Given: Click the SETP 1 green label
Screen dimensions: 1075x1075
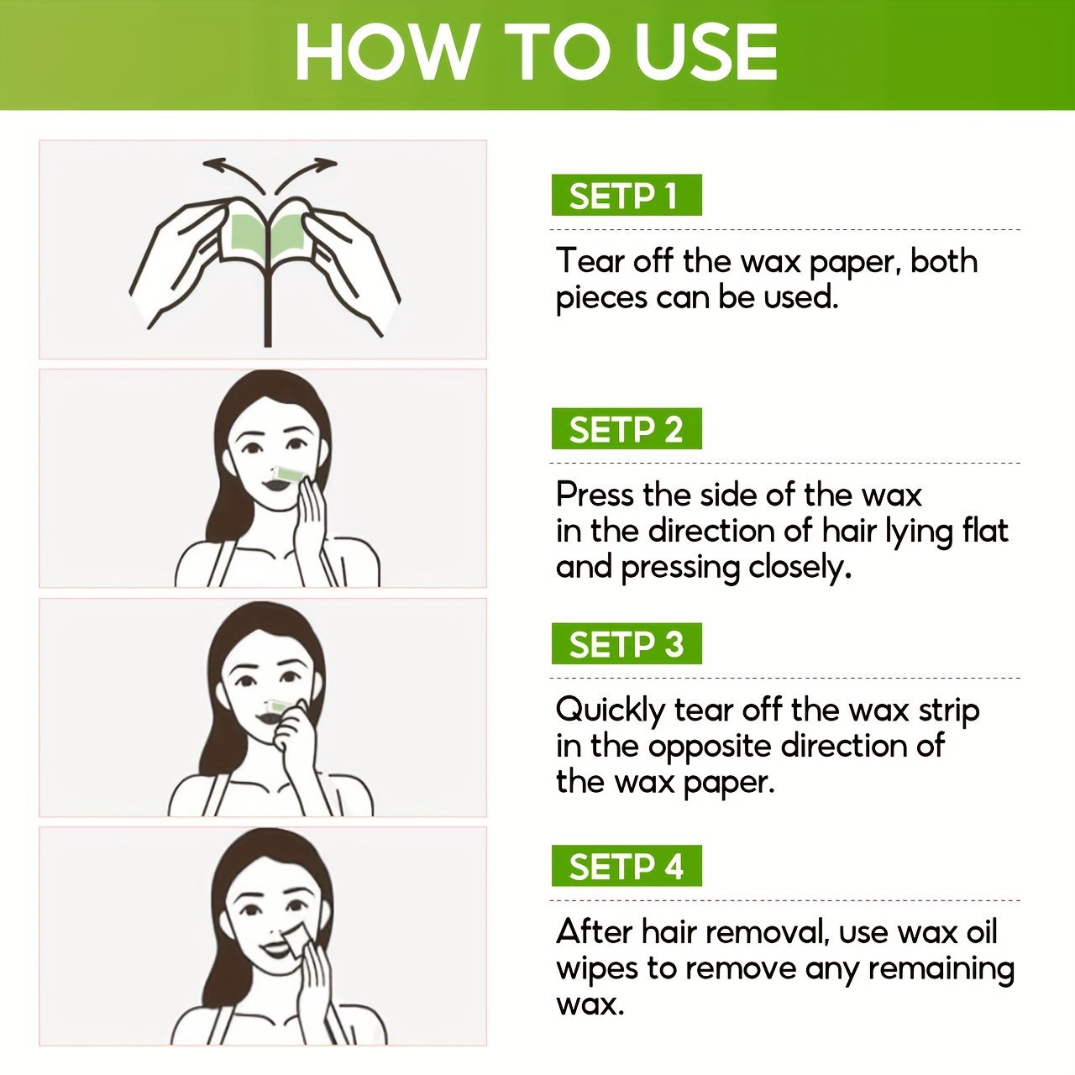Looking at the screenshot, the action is pyautogui.click(x=627, y=195).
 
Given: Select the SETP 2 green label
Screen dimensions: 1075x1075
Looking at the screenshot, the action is pyautogui.click(x=627, y=428).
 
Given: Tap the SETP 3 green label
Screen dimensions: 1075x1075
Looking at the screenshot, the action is pyautogui.click(x=627, y=643).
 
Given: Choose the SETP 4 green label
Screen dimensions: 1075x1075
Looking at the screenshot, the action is pyautogui.click(x=627, y=865).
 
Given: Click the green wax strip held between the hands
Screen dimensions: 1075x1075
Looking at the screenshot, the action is pyautogui.click(x=270, y=233).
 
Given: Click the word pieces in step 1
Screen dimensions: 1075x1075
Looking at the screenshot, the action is pyautogui.click(x=601, y=298).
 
